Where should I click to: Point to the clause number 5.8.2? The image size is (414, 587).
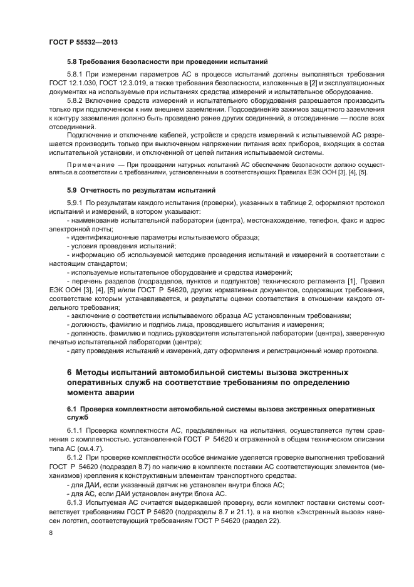click(x=76, y=99)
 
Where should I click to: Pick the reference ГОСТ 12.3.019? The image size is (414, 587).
click(x=127, y=83)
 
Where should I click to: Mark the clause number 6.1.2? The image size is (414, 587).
click(x=76, y=458)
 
